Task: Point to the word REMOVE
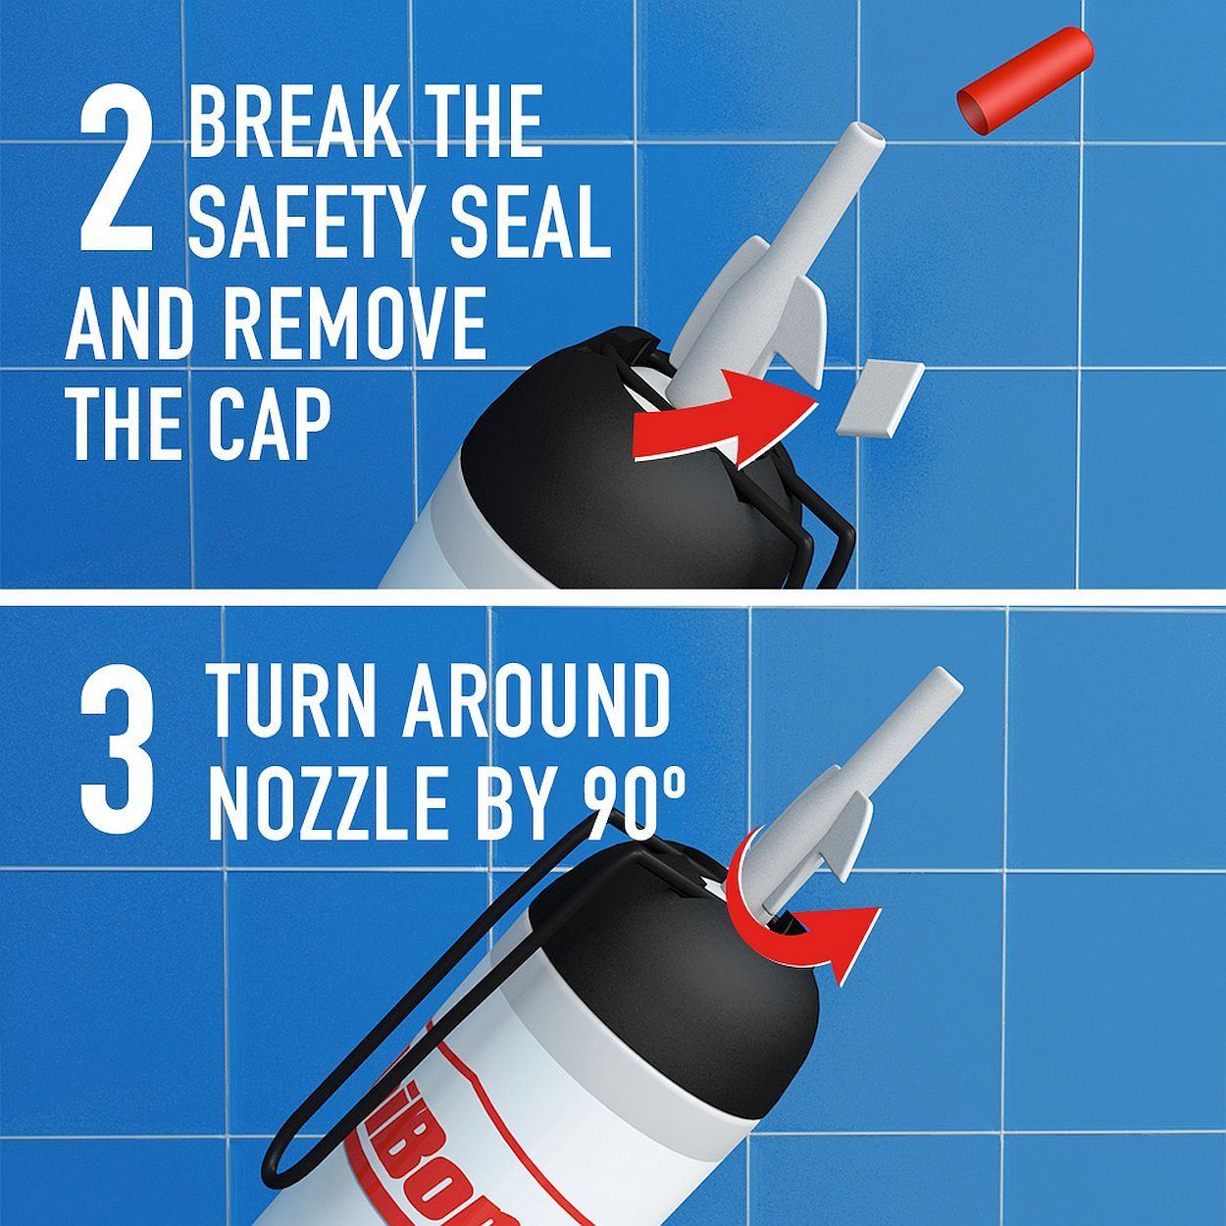point(353,324)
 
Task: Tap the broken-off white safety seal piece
point(881,397)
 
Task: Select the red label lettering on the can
point(461,1177)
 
